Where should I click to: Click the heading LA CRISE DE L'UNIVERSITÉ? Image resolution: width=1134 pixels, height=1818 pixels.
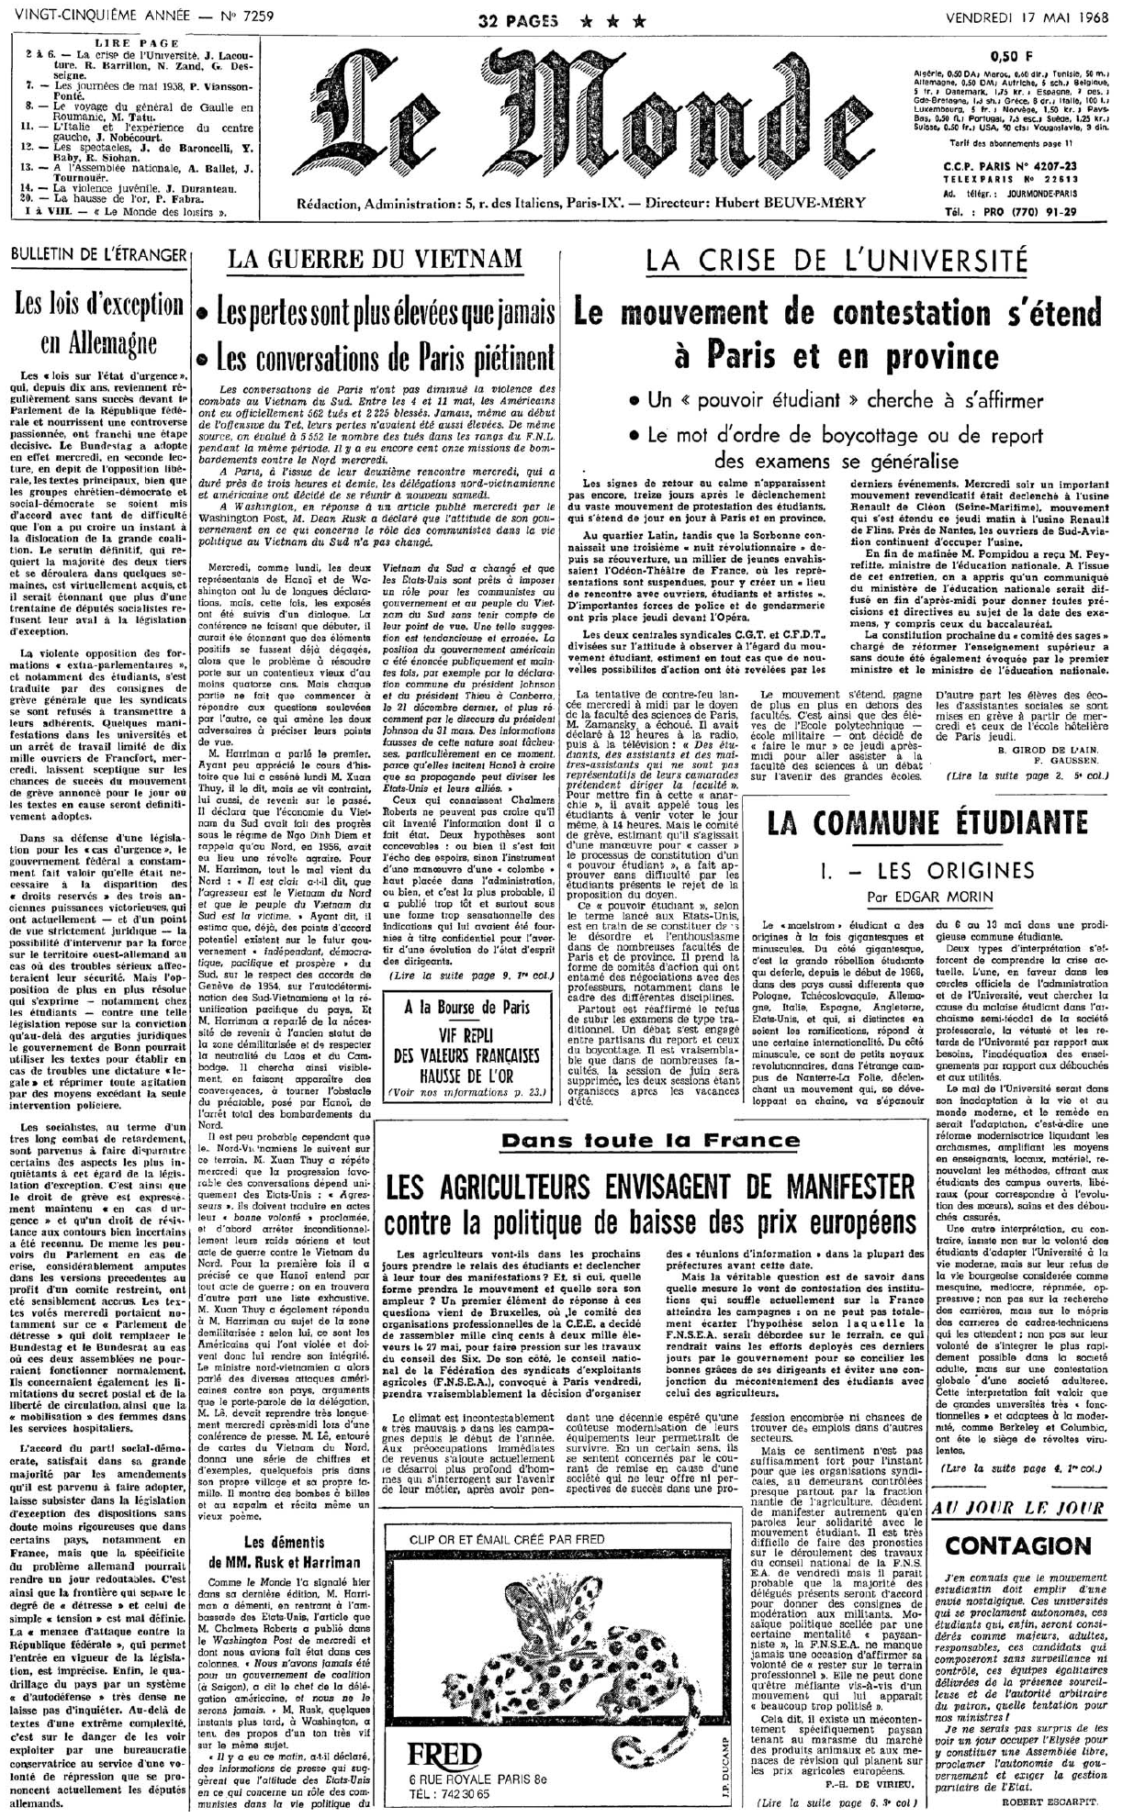coord(836,261)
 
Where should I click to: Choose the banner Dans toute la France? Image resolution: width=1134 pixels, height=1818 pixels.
coord(650,1141)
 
